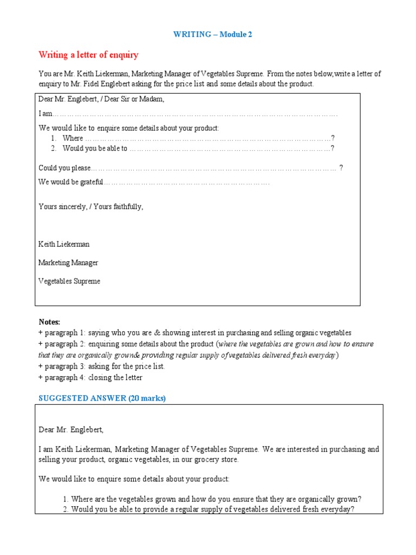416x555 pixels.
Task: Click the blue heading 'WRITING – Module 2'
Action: [212, 34]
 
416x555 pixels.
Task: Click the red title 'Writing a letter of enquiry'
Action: [88, 55]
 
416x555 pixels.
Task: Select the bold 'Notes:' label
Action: [49, 322]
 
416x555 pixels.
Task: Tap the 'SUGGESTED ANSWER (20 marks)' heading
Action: [102, 398]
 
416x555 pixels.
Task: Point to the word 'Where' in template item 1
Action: [73, 138]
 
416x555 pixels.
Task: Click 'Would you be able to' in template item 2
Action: [95, 148]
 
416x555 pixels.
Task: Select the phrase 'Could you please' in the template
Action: [64, 168]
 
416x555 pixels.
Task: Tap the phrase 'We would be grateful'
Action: [70, 182]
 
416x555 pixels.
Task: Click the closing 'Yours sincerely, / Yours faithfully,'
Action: [91, 206]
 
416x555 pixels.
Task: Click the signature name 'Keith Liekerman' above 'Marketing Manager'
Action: [64, 244]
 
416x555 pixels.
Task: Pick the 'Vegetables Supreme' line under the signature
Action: [69, 281]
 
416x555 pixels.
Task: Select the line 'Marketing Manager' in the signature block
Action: [68, 263]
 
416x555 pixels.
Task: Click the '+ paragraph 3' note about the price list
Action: [102, 366]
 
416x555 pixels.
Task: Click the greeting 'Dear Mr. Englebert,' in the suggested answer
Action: [71, 430]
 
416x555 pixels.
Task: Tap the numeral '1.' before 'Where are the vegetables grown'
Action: [66, 499]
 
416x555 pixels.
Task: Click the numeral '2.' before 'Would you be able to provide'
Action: [66, 510]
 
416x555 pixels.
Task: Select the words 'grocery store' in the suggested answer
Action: [216, 460]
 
